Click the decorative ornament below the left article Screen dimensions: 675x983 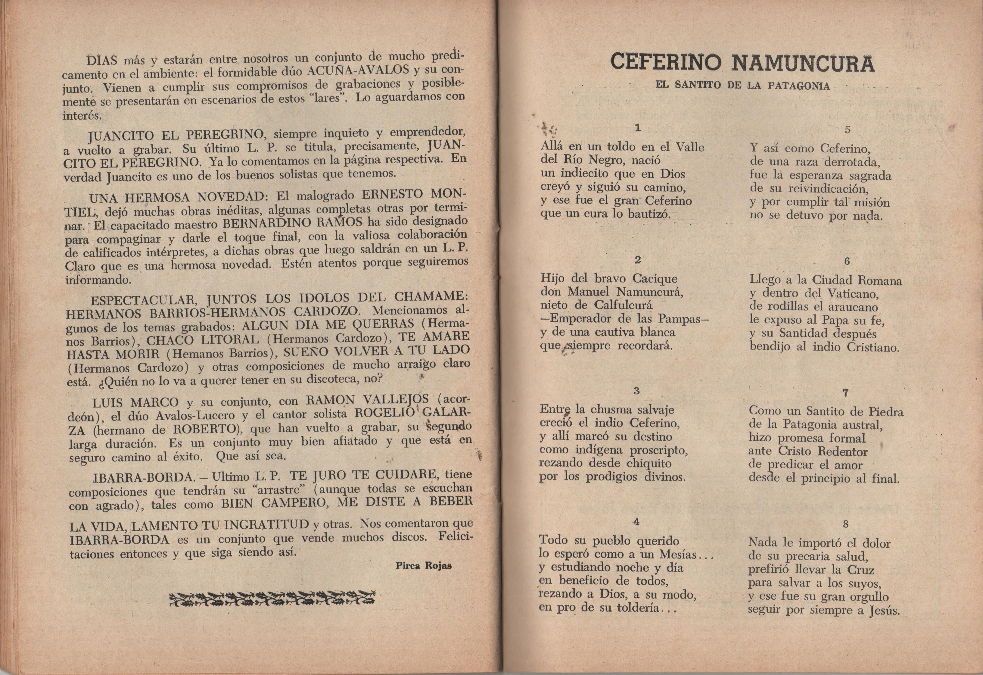tap(272, 598)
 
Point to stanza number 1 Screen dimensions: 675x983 tap(638, 127)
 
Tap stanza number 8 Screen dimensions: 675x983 tap(845, 524)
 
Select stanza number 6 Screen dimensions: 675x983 tap(847, 261)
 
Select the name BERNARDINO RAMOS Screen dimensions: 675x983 tap(292, 223)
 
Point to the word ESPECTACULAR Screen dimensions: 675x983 tap(142, 300)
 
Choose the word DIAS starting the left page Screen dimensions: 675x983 tap(102, 61)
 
